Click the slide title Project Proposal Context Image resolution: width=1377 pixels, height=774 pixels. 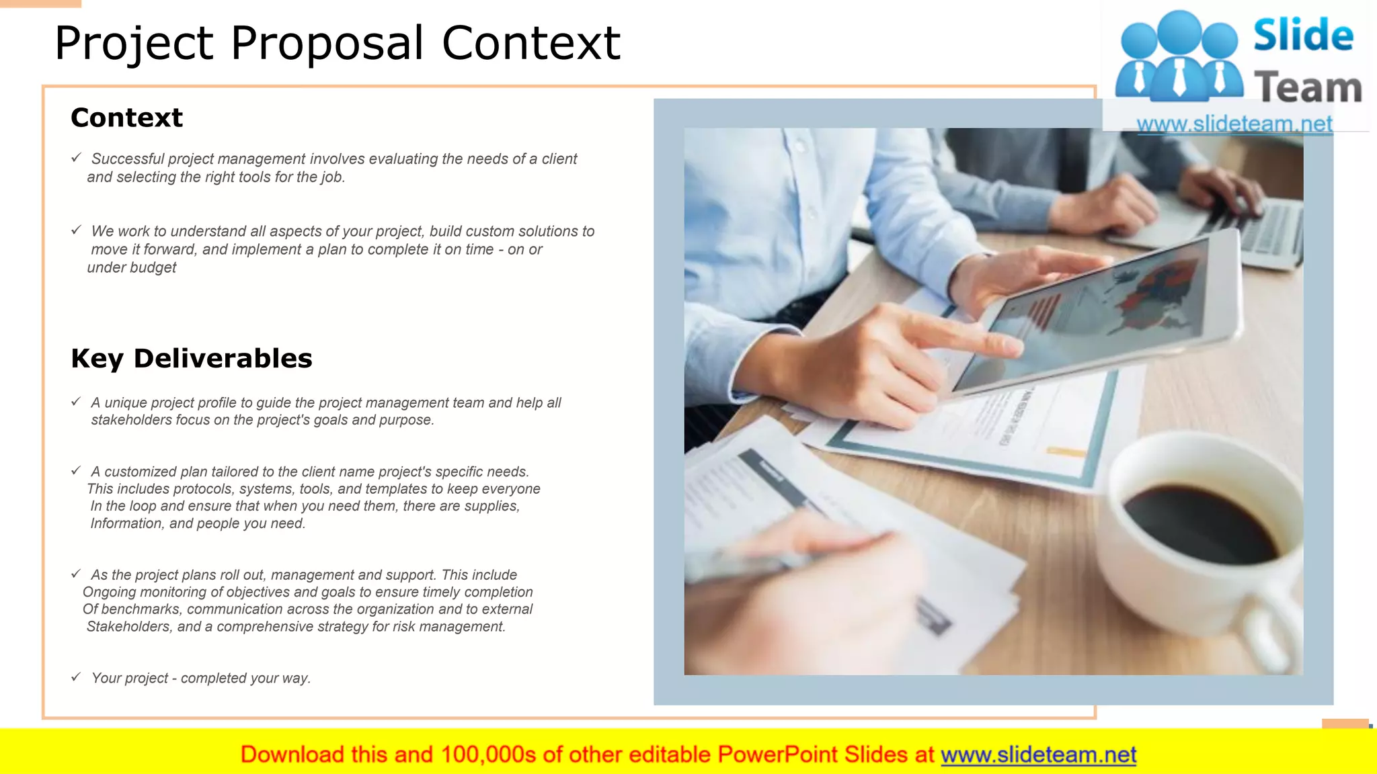tap(337, 44)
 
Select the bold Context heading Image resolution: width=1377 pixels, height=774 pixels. tap(126, 118)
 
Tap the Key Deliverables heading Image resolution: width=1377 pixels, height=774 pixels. tap(192, 358)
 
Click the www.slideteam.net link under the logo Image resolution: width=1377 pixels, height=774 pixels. tap(1234, 124)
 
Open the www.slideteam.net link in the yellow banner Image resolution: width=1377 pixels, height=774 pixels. tap(1038, 755)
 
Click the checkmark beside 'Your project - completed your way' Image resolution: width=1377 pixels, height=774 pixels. tap(76, 677)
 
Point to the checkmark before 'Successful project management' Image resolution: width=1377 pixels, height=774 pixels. tap(76, 157)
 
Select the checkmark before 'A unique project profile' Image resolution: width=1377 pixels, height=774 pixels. tap(76, 401)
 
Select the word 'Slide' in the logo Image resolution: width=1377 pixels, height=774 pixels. tap(1303, 35)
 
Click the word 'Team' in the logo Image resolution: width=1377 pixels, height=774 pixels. tap(1308, 88)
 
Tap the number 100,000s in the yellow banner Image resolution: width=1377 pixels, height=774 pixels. tap(488, 755)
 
